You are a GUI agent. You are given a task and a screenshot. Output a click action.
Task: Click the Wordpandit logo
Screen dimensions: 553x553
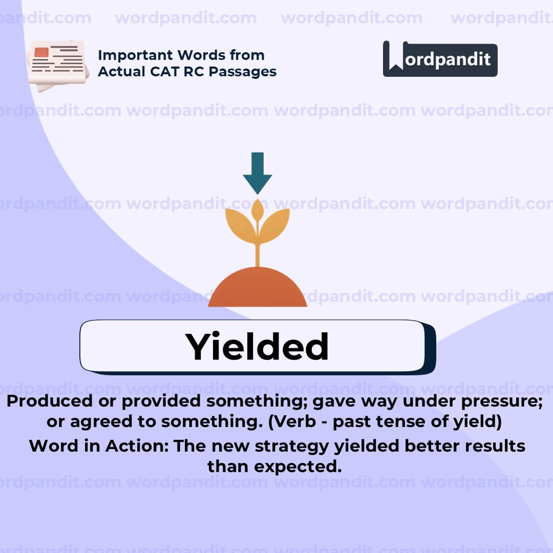tap(440, 59)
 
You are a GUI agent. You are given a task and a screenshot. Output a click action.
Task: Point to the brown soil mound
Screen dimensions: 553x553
tap(257, 289)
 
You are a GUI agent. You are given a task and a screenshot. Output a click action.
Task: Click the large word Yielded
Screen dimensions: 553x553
tap(257, 347)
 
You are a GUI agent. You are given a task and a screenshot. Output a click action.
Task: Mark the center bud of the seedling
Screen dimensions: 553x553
tap(258, 210)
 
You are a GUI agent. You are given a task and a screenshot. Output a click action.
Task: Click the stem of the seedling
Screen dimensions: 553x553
tap(257, 254)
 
